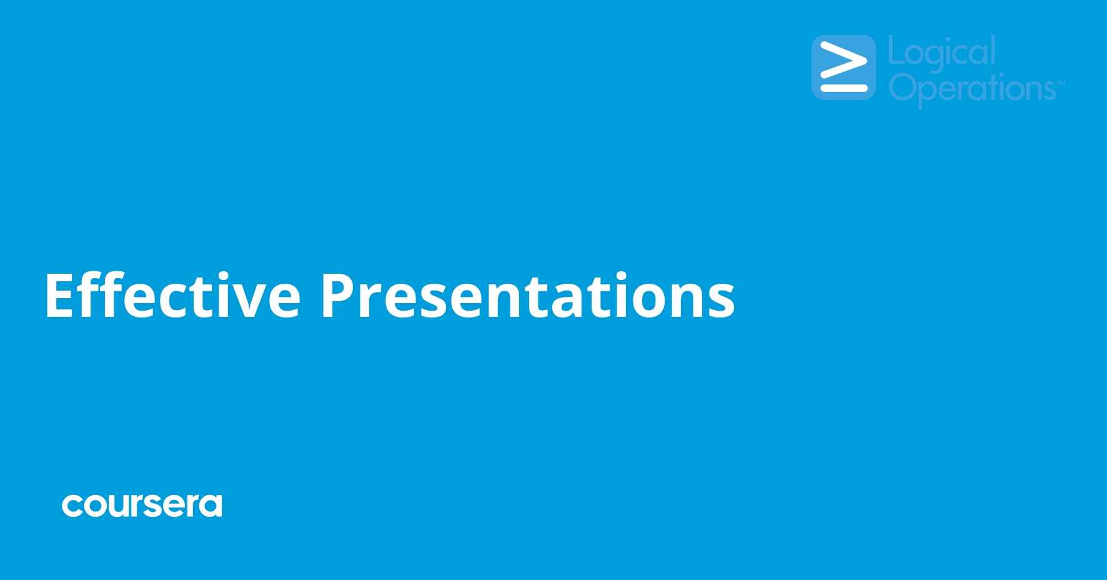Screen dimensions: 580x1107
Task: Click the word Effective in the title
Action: (172, 296)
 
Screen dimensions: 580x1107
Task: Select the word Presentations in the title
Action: (527, 296)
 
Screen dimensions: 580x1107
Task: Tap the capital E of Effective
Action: (59, 296)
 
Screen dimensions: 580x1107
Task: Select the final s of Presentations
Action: (722, 300)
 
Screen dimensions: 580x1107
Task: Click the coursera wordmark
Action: (142, 505)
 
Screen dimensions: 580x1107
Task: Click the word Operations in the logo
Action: (972, 88)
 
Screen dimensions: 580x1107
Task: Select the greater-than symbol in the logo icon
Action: (843, 61)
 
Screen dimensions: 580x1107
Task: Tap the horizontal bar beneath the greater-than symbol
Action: (843, 88)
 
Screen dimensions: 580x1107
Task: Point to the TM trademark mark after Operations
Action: (1061, 82)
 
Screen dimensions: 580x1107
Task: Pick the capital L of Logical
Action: (894, 50)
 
